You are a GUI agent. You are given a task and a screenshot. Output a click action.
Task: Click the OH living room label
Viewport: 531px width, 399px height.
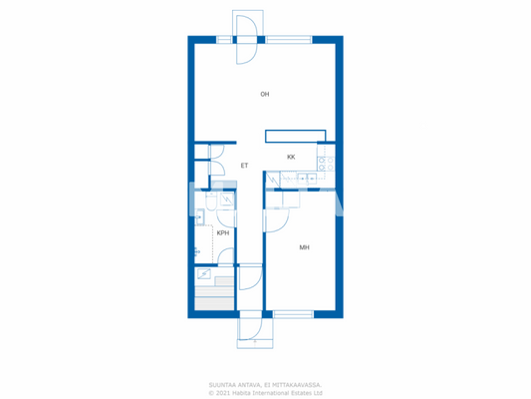click(265, 95)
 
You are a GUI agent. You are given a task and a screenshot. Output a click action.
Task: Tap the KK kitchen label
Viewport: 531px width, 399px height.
click(291, 158)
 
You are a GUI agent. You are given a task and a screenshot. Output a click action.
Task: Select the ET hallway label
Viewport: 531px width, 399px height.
click(244, 166)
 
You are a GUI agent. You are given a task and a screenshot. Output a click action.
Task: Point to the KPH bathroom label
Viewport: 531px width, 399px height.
click(223, 233)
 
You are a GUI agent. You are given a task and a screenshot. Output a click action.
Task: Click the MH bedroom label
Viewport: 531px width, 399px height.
click(304, 247)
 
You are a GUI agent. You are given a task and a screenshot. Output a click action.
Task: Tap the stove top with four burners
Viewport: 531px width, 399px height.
click(325, 163)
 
